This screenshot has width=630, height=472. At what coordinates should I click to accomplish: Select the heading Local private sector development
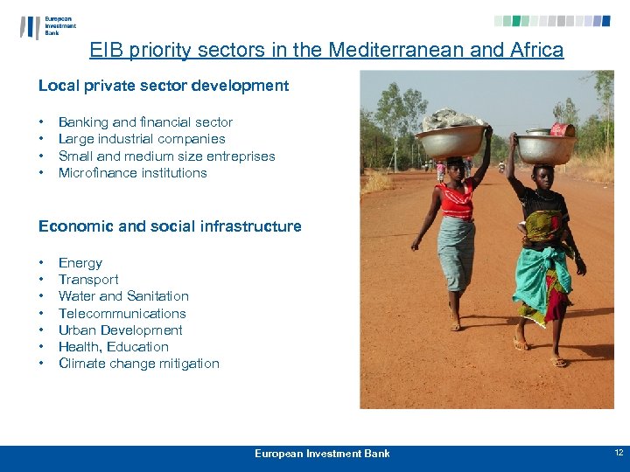pyautogui.click(x=164, y=86)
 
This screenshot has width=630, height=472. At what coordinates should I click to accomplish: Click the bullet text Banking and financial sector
pyautogui.click(x=145, y=122)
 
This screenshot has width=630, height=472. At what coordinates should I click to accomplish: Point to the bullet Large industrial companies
pyautogui.click(x=142, y=139)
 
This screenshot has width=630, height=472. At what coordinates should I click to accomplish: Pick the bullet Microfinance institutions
pyautogui.click(x=133, y=173)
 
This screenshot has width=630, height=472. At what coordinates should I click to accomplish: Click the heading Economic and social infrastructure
pyautogui.click(x=170, y=226)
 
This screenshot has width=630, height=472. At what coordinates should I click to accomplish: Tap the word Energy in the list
pyautogui.click(x=80, y=263)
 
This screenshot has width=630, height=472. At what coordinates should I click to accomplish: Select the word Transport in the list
pyautogui.click(x=88, y=280)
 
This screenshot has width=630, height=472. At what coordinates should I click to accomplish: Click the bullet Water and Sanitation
pyautogui.click(x=123, y=296)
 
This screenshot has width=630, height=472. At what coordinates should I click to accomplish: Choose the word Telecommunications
pyautogui.click(x=122, y=314)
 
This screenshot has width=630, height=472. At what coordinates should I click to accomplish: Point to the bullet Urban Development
pyautogui.click(x=121, y=330)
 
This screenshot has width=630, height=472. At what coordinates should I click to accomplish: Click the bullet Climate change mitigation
pyautogui.click(x=139, y=364)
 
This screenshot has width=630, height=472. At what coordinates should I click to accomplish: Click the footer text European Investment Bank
pyautogui.click(x=322, y=454)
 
